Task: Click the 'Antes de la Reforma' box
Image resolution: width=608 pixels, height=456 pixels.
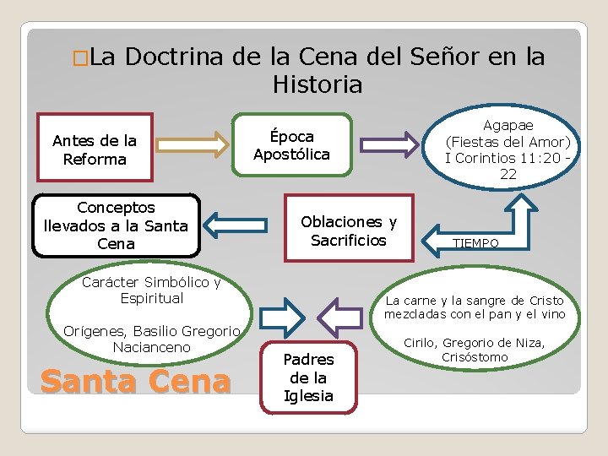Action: click(95, 149)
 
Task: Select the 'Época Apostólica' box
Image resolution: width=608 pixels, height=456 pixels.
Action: click(291, 145)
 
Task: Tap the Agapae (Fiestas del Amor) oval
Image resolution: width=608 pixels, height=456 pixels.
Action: click(508, 150)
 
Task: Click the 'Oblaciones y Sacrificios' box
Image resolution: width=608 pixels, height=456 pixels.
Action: click(349, 231)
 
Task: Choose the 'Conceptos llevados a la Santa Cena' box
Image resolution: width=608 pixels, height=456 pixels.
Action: click(116, 225)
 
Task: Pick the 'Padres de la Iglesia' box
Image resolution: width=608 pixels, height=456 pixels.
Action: click(308, 377)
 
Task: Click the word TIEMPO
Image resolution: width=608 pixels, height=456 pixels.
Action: click(475, 242)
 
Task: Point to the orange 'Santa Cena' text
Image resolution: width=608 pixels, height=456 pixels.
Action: click(135, 382)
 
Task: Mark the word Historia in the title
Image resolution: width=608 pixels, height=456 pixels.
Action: click(318, 84)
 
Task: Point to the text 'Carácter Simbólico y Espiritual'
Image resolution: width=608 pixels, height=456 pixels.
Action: click(151, 290)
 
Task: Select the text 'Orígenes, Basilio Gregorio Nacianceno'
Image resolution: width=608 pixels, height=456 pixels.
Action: click(152, 339)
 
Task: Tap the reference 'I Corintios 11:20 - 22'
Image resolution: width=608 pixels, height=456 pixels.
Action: click(508, 166)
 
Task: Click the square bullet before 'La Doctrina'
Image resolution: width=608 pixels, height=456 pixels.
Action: click(79, 59)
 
